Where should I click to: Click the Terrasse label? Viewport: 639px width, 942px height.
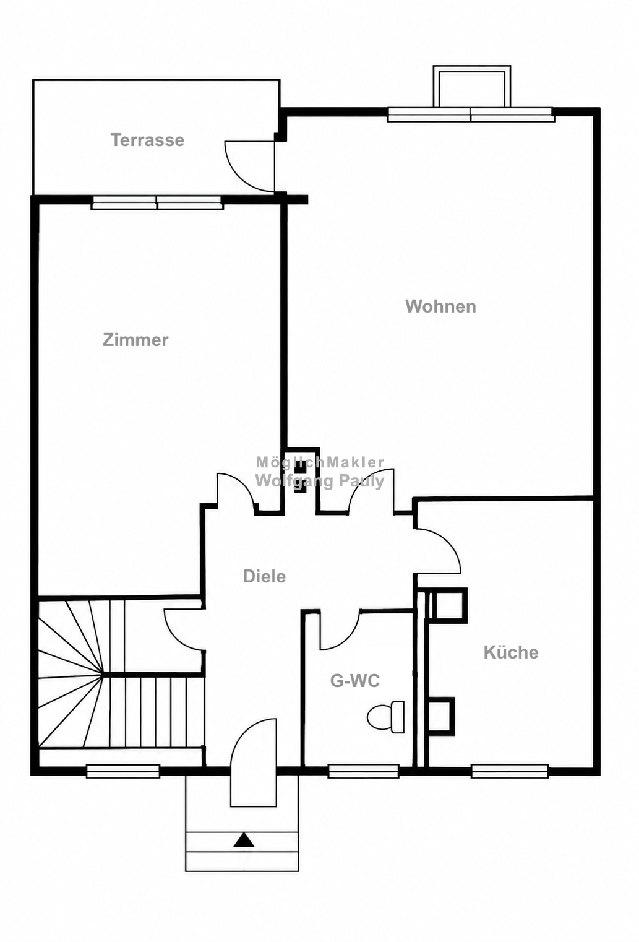click(x=148, y=140)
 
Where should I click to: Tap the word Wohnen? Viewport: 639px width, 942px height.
click(x=440, y=306)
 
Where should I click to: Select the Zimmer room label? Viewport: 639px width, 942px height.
click(x=135, y=340)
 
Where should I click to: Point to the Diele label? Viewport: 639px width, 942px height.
click(x=264, y=576)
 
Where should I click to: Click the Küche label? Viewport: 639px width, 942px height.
click(x=511, y=652)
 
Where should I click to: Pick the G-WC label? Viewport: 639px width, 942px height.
click(x=355, y=680)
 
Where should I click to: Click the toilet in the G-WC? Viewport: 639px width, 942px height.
click(x=385, y=717)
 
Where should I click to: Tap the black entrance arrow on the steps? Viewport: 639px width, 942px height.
click(x=244, y=840)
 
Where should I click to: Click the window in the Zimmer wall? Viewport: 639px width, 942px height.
click(x=157, y=202)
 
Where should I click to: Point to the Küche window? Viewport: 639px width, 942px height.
click(x=510, y=771)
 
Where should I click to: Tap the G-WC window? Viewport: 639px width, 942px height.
click(x=363, y=771)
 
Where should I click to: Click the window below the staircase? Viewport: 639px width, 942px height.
click(x=122, y=771)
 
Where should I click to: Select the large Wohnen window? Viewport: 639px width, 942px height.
click(x=471, y=115)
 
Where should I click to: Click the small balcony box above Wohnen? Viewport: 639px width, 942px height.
click(x=472, y=86)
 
